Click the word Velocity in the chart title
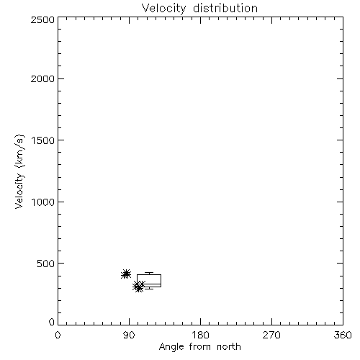point(163,9)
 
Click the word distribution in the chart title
point(225,9)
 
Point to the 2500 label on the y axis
point(42,19)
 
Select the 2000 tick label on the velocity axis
point(42,79)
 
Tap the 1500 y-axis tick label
point(43,140)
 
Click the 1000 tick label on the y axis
point(43,202)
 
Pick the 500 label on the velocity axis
point(46,264)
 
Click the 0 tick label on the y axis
point(52,322)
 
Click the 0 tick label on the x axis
point(58,335)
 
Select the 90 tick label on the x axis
point(129,335)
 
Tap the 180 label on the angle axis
point(200,335)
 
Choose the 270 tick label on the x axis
point(271,335)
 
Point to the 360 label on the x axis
point(343,335)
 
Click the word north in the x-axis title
point(229,347)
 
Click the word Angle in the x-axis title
point(171,347)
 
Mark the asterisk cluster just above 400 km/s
point(126,274)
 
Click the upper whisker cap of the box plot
point(149,273)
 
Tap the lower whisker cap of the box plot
point(149,289)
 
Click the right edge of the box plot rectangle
point(161,281)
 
